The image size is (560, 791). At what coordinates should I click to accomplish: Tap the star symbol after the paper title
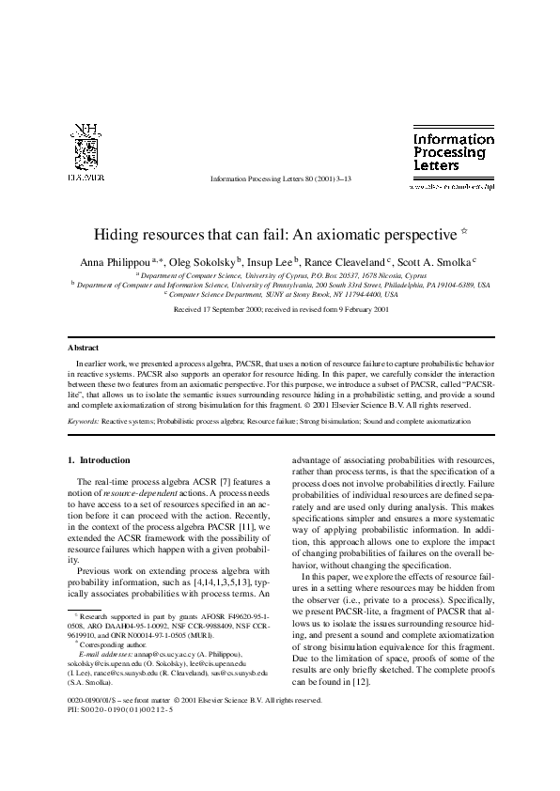pyautogui.click(x=463, y=229)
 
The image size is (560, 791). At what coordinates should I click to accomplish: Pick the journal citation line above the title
pyautogui.click(x=280, y=177)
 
